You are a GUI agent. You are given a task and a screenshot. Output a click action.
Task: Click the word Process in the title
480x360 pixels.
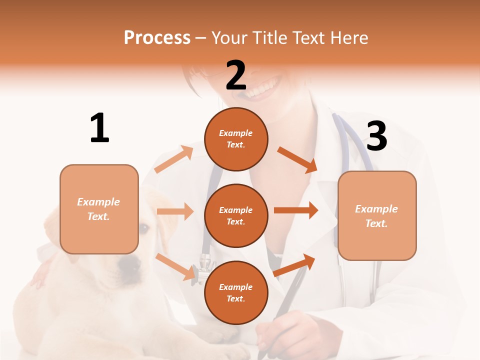pos(157,38)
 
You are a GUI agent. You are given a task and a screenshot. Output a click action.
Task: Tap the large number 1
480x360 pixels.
pos(99,128)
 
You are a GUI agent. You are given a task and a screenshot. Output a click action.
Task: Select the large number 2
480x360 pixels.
pos(236,75)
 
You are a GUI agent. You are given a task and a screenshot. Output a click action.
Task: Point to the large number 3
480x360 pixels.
pos(376,136)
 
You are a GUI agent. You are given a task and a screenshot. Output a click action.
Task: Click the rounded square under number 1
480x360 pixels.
pos(99,209)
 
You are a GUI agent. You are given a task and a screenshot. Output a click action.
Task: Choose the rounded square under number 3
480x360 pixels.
pos(377,215)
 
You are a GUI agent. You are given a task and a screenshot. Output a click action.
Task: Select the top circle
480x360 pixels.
pos(236,139)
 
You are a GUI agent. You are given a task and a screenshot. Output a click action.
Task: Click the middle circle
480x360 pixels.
pos(236,215)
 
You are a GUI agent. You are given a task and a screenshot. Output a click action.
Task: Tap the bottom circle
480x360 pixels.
pos(236,292)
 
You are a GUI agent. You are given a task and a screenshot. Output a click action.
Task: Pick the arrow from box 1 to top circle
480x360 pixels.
pos(173,159)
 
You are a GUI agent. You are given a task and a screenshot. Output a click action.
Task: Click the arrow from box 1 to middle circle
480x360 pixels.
pos(175,211)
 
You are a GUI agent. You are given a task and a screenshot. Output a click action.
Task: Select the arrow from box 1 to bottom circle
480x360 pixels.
pos(175,266)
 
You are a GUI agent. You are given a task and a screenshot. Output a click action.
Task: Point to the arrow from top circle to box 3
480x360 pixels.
pos(297,159)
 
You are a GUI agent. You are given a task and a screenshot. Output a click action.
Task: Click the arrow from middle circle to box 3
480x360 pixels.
pos(296,210)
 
